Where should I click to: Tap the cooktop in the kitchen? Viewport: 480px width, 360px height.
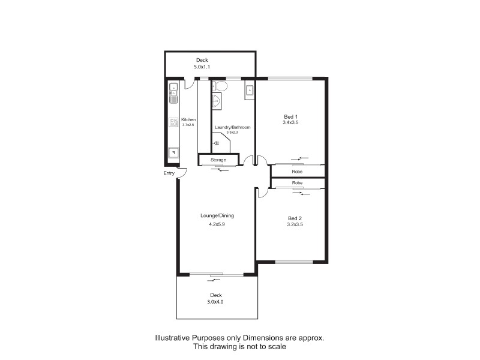[x=173, y=123]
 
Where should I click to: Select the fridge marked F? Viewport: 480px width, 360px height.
[x=173, y=152]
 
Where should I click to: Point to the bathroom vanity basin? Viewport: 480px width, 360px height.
[x=217, y=101]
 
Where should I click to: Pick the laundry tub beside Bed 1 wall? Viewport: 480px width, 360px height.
[x=249, y=91]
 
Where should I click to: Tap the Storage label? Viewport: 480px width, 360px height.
[x=218, y=160]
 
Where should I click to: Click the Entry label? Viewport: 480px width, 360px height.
[x=169, y=173]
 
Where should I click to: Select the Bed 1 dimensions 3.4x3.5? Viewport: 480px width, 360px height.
[x=290, y=122]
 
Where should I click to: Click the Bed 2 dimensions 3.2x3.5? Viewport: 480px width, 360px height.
[x=295, y=224]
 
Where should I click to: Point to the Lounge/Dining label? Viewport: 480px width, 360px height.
[x=217, y=215]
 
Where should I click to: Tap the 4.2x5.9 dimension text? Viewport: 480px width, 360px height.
[x=217, y=224]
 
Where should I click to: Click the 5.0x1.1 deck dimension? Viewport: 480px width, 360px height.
[x=202, y=67]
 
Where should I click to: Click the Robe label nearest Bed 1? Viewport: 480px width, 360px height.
[x=297, y=172]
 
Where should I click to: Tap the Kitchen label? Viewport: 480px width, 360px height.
[x=188, y=119]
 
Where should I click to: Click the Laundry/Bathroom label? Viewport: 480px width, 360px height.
[x=232, y=128]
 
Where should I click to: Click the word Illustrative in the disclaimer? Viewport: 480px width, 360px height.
[x=173, y=338]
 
